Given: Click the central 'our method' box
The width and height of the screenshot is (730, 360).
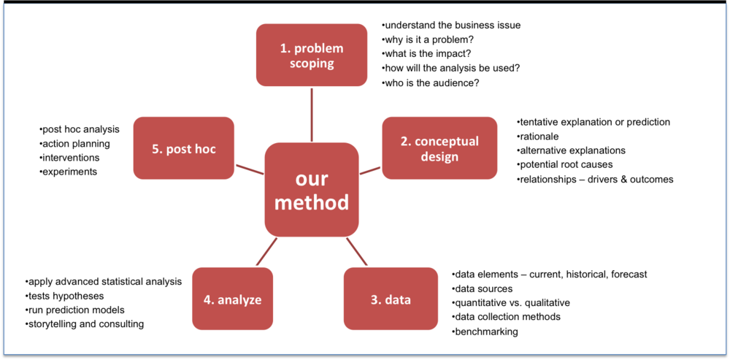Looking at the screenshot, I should coord(312,189).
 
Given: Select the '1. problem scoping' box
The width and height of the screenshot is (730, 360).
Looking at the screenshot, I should coord(312,55).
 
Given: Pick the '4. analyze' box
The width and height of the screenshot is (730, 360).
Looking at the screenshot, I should coord(232,299).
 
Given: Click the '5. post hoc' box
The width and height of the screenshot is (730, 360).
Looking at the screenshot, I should coord(183,148).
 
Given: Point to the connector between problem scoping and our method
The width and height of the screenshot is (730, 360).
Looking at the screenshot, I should coord(312,114).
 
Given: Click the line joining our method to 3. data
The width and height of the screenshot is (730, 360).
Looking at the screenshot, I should coord(356,251).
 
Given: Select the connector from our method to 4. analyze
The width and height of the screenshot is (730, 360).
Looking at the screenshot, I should coord(266,251).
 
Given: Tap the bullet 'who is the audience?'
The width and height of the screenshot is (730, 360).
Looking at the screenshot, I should coord(431,83).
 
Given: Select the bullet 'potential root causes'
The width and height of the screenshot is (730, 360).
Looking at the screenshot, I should coord(565,164).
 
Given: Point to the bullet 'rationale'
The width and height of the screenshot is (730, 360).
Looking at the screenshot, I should coord(541,136).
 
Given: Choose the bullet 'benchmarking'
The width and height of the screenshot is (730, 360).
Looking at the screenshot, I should coord(485,332).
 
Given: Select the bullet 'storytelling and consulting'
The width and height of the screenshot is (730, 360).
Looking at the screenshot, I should coord(85,323).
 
